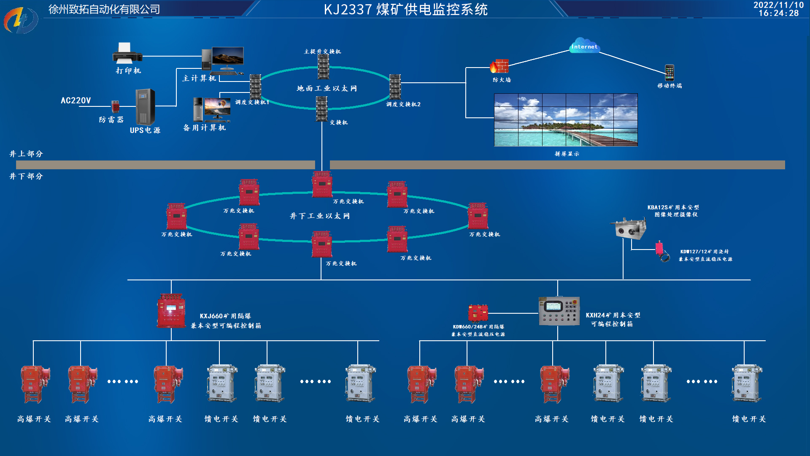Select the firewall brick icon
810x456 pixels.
[x=499, y=66]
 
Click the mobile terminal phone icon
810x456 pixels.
[x=670, y=73]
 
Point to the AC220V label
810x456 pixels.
[x=76, y=100]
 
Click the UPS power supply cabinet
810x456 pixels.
[x=145, y=106]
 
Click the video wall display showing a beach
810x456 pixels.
[x=566, y=120]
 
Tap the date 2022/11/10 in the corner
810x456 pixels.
[x=778, y=5]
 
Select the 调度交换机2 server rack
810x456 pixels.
[x=395, y=87]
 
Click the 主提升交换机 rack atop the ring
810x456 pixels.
[x=323, y=67]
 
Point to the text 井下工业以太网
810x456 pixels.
[x=320, y=216]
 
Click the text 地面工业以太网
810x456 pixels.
[x=327, y=89]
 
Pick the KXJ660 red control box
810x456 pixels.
[x=171, y=312]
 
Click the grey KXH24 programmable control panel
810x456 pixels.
[x=559, y=311]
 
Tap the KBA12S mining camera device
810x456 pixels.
[x=629, y=228]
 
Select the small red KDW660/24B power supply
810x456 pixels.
[x=478, y=313]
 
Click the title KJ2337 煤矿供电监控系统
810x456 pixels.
[x=405, y=9]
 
